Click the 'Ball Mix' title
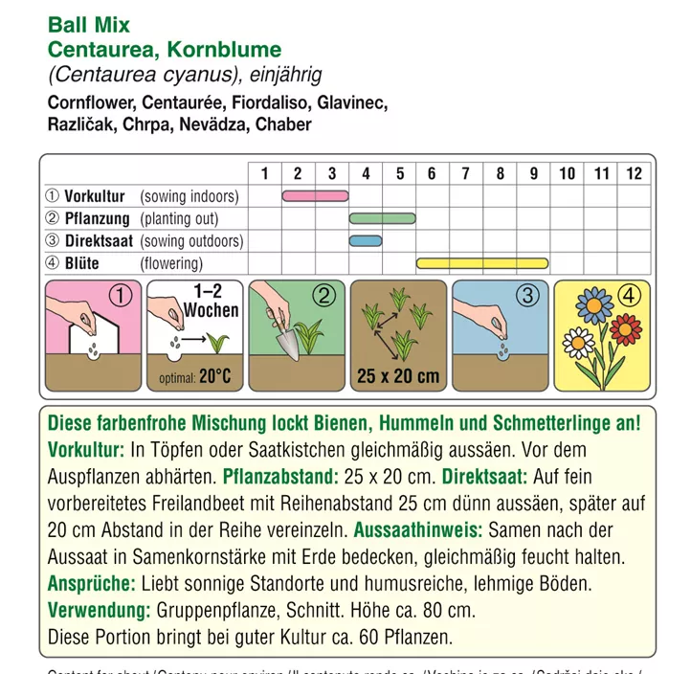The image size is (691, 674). [89, 25]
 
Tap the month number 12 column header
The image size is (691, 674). [634, 173]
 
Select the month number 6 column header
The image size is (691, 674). [433, 173]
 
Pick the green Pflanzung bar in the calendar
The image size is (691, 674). [382, 218]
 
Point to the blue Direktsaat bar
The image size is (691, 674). [366, 240]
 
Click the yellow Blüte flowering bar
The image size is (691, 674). [482, 262]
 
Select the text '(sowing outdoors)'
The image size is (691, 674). [191, 241]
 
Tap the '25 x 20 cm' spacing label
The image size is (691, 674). [398, 374]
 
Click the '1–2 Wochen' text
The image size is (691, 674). [208, 303]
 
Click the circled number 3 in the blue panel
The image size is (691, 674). [527, 296]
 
